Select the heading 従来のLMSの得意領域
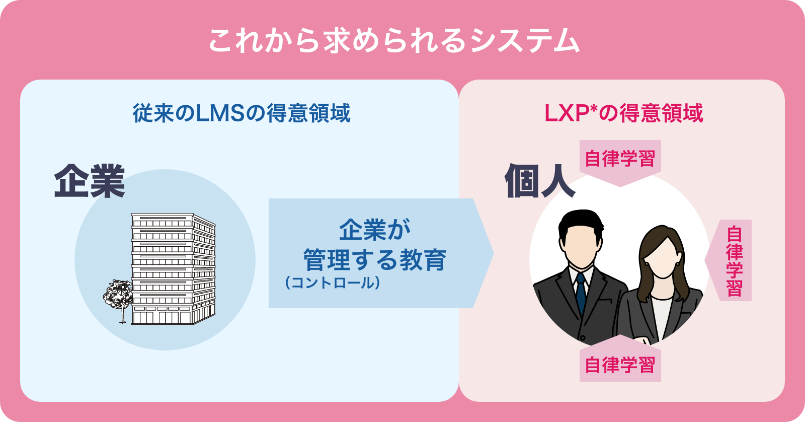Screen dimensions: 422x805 pyautogui.click(x=242, y=113)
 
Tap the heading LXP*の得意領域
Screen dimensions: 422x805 pyautogui.click(x=623, y=113)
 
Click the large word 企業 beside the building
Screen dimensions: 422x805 pyautogui.click(x=90, y=181)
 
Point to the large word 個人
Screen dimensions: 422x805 pyautogui.click(x=539, y=180)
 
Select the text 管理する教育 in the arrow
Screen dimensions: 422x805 pyautogui.click(x=374, y=260)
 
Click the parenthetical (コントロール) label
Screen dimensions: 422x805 pyautogui.click(x=333, y=283)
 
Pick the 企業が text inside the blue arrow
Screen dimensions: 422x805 pyautogui.click(x=374, y=230)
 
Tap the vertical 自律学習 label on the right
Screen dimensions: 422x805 pyautogui.click(x=734, y=261)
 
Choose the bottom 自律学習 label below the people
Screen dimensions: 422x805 pyautogui.click(x=620, y=365)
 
